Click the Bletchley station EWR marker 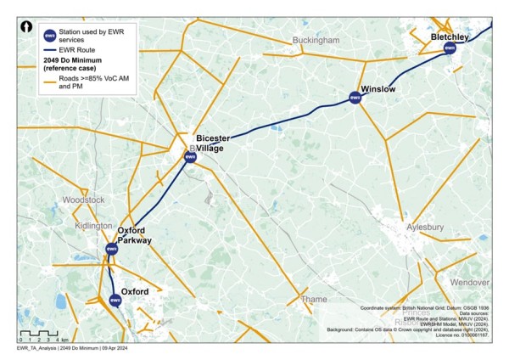450,48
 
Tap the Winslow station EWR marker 356,98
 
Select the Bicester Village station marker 190,156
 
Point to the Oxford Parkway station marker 111,248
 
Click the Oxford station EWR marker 115,299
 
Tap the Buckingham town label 315,40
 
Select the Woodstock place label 84,200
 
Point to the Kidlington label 93,226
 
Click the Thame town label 314,299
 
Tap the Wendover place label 470,281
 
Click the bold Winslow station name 378,88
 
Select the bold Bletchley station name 450,37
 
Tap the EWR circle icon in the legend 50,36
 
